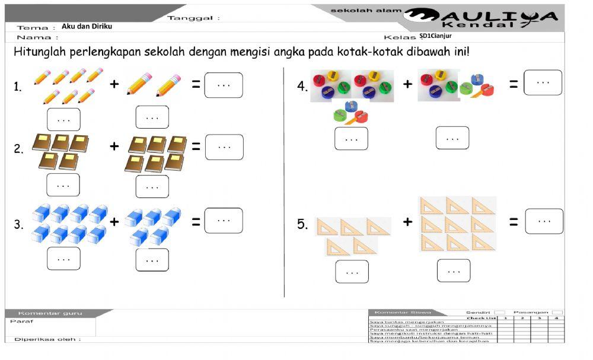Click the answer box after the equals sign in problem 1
[224, 85]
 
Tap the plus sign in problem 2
[114, 146]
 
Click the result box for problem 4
[543, 82]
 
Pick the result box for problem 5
[544, 221]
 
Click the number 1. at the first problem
[18, 88]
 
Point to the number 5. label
[302, 224]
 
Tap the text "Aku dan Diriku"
[87, 27]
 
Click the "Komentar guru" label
[50, 313]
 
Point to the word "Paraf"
[21, 321]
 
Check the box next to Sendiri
[500, 312]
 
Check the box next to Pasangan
[557, 312]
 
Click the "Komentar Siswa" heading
[400, 312]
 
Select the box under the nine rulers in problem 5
[454, 270]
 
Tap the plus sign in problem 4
[407, 84]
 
